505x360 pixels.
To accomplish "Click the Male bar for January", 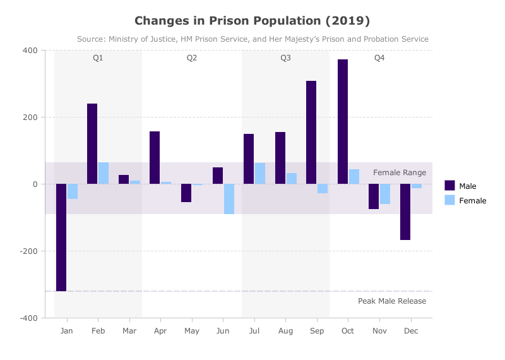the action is pos(61,237).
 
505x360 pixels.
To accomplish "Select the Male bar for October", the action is pos(343,122).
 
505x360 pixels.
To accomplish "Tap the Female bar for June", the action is pos(229,199).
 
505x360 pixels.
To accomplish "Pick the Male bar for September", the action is pos(311,133).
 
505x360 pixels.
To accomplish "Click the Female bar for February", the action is pos(104,173).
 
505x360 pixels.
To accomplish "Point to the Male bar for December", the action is pos(405,212).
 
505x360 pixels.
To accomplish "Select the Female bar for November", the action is pos(385,194).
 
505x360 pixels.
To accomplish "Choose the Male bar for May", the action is pos(186,193).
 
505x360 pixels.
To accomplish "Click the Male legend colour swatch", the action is pos(449,186).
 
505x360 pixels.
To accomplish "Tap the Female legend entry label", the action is pos(472,201).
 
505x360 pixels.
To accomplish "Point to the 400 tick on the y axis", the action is pos(30,51).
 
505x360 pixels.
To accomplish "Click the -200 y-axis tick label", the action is pos(28,251).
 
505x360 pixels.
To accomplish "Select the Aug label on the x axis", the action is pos(285,331).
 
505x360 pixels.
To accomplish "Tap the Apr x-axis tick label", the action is pos(160,331).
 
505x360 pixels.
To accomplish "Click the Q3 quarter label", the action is pos(285,58).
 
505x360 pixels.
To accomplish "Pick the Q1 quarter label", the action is pos(98,58).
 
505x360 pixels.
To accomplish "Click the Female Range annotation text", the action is pos(400,173).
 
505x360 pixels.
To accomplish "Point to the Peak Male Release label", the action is pos(392,301).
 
